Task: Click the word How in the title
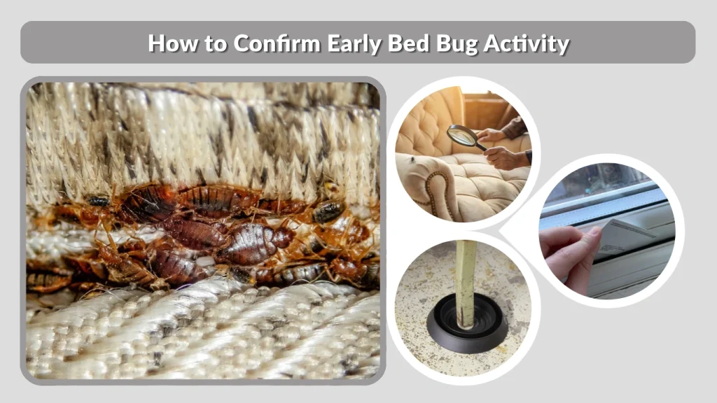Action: pos(169,43)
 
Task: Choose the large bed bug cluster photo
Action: pos(203,230)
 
